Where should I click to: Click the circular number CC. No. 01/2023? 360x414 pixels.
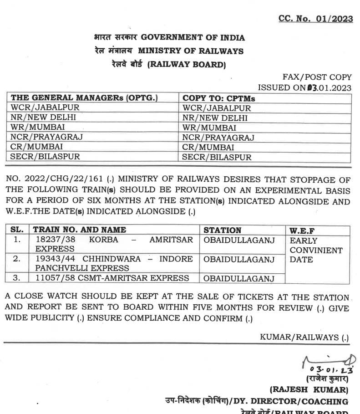coord(316,19)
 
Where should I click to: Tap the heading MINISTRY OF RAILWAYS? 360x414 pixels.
coord(191,51)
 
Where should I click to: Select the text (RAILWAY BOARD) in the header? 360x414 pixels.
coord(186,64)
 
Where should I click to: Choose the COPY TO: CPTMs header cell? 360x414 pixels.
coord(219,98)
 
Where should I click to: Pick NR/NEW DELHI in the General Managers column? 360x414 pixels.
coord(43,118)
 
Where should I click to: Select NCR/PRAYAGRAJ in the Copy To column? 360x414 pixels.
coord(218,137)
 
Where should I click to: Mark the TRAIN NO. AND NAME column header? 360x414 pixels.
coord(80,230)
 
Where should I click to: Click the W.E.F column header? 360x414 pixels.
coord(303,230)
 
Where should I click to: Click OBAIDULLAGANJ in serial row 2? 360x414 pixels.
coord(239,260)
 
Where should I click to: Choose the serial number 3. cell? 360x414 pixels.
coord(17,278)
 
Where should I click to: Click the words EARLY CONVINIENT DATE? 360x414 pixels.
coord(316,250)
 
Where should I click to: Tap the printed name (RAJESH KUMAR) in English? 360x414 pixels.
coord(309,390)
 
